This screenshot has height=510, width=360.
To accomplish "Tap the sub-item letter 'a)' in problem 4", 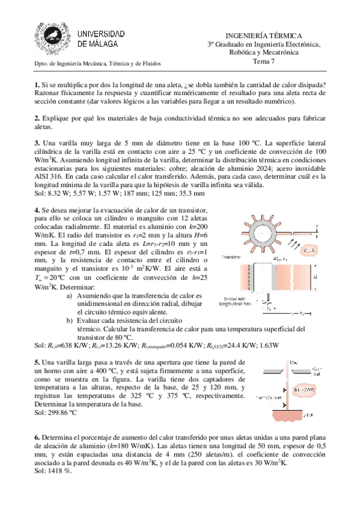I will (70, 295).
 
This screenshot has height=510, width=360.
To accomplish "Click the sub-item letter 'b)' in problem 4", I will (70, 321).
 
